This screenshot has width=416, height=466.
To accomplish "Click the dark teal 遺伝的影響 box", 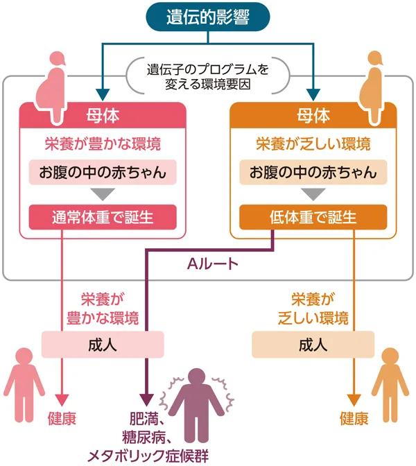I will [x=207, y=19].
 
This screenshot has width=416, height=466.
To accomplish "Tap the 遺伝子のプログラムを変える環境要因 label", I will [x=207, y=78].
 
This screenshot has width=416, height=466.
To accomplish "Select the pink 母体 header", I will [x=103, y=114].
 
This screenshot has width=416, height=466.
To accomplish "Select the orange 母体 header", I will [x=313, y=114].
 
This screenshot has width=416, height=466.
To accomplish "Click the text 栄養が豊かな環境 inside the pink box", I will [x=103, y=144].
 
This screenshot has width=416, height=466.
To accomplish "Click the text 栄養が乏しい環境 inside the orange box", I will [x=313, y=144].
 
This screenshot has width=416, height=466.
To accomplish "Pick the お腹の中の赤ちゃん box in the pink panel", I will [x=103, y=171].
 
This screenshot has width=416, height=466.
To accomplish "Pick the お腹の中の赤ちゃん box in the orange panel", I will [x=313, y=171].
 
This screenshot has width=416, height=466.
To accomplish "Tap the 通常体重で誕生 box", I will [x=103, y=217].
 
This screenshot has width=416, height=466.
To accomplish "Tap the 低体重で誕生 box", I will [x=313, y=217].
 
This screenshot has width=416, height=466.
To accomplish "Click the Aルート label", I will [x=214, y=264].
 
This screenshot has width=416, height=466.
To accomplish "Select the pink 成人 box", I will [x=103, y=344].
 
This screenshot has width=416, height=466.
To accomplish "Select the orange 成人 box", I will [x=313, y=344].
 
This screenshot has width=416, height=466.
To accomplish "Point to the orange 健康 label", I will [x=354, y=419].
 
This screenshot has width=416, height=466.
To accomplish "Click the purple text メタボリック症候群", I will [x=147, y=455].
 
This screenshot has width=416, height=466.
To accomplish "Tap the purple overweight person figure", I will [x=196, y=406].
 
